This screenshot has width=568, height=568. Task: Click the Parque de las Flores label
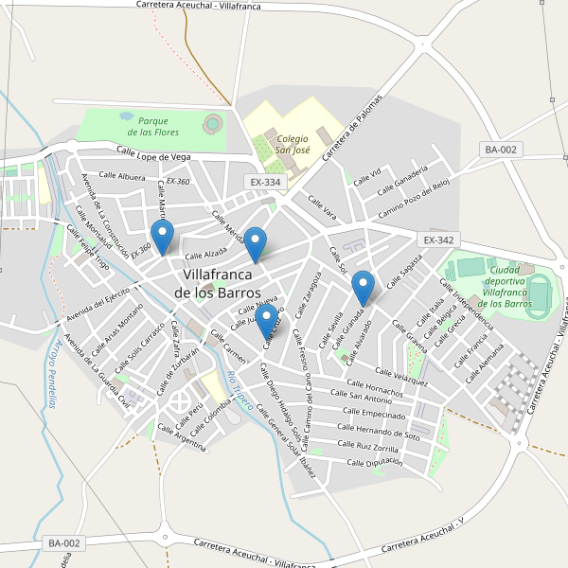(x=152, y=126)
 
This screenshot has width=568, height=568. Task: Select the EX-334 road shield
(x=265, y=182)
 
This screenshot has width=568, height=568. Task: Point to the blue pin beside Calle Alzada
(x=163, y=237)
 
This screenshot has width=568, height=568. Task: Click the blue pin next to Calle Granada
(x=363, y=287)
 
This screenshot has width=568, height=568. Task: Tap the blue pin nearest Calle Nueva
(x=268, y=321)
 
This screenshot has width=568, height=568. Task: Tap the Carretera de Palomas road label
(x=351, y=128)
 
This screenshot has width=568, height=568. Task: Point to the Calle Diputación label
(x=375, y=462)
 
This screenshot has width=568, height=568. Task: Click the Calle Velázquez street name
(x=401, y=377)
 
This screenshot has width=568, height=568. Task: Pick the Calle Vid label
(x=367, y=175)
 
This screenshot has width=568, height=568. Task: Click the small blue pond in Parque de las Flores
(x=126, y=115)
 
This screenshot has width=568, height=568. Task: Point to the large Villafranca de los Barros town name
(x=218, y=283)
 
